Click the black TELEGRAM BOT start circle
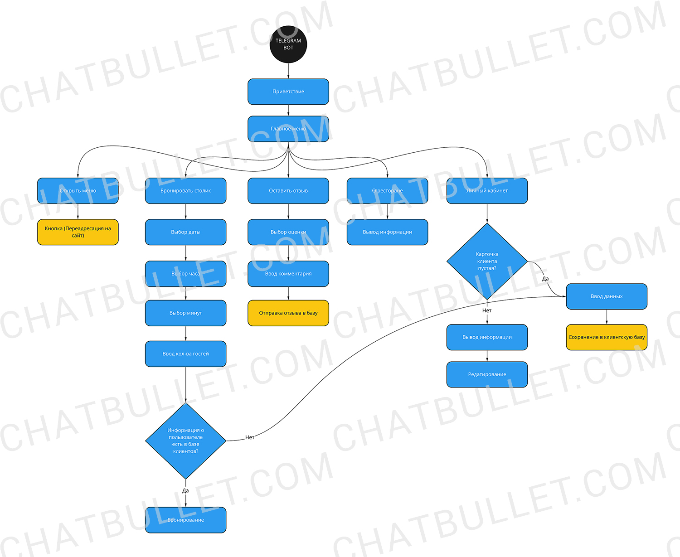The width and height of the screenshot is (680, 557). [x=288, y=44]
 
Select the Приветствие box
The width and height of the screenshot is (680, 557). [x=288, y=92]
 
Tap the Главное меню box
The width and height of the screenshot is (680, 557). [x=288, y=129]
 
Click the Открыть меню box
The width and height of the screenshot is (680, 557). [x=78, y=191]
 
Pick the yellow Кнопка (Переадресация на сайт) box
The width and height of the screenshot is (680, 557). [x=78, y=232]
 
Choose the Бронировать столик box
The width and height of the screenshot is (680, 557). [x=185, y=191]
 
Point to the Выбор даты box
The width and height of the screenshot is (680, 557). [x=185, y=232]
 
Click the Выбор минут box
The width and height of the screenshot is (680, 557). [x=185, y=313]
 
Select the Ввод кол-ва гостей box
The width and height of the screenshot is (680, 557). [x=185, y=354]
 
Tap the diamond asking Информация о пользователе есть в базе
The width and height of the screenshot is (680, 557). [x=185, y=441]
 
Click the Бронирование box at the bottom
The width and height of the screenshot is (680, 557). [x=185, y=520]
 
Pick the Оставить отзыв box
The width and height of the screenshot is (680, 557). [x=288, y=191]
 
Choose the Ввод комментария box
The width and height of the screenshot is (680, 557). [x=288, y=274]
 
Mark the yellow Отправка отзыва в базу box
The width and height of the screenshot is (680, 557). [x=288, y=313]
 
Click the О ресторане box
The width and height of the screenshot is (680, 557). [x=387, y=191]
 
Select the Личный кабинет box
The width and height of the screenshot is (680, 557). [x=487, y=191]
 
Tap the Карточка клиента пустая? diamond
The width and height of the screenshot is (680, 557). [x=487, y=261]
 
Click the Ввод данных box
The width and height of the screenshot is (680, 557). [x=607, y=296]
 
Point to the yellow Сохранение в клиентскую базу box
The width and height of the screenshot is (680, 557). [x=607, y=337]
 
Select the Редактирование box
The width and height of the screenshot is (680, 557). [x=487, y=374]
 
